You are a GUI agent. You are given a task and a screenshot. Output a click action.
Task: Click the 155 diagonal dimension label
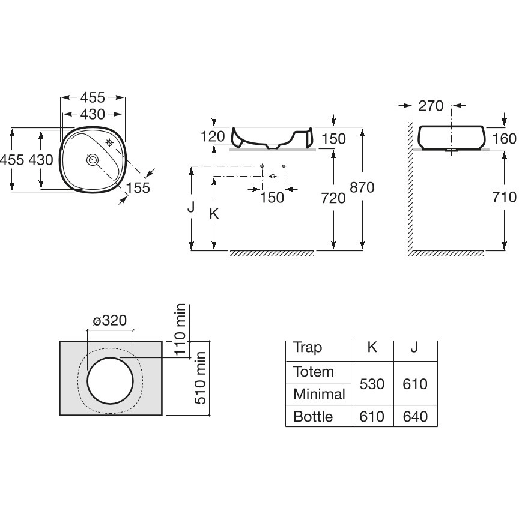point(138,188)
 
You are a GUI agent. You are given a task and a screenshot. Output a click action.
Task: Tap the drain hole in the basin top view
point(93,160)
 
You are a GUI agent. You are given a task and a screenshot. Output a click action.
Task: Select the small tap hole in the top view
point(109,143)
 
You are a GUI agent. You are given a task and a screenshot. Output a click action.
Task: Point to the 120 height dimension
point(213,136)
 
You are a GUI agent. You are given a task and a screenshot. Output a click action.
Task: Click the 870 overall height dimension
point(362,187)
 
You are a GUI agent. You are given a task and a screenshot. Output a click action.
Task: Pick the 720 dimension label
point(333,198)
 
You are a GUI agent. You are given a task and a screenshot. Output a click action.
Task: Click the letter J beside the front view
point(191,207)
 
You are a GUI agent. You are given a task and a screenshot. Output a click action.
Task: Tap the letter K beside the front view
point(214,214)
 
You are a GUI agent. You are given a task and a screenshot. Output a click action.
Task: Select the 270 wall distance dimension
point(431,106)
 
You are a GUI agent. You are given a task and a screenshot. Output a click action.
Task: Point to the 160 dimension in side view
point(505,139)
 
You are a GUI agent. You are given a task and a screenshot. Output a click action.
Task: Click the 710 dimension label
point(505,197)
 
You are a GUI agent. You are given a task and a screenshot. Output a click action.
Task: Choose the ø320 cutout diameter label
point(109,320)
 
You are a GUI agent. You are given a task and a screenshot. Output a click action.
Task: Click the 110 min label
point(180,329)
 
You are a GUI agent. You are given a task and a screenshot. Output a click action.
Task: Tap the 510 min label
point(200,378)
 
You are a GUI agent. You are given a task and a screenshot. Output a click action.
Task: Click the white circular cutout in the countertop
point(110,381)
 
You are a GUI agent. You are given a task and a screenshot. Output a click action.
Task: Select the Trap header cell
point(308,348)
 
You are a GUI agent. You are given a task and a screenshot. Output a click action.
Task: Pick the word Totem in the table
point(314,372)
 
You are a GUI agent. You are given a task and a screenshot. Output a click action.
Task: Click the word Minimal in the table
point(320,394)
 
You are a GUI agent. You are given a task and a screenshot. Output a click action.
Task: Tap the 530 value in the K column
point(372,384)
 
